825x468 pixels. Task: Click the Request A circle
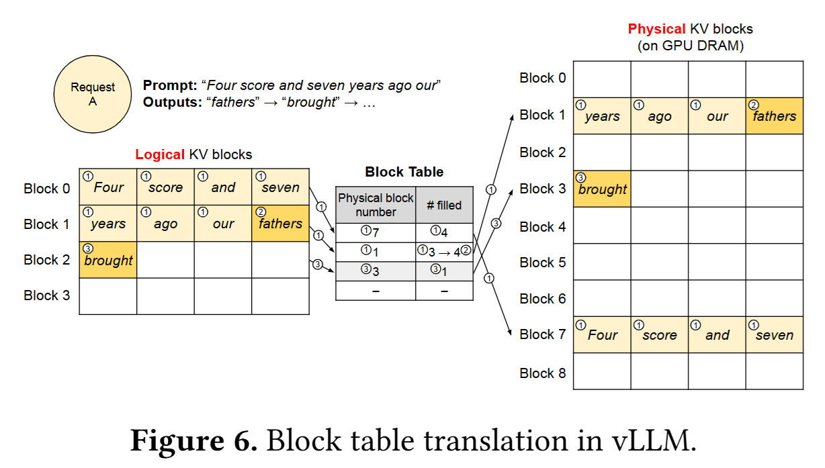click(x=93, y=94)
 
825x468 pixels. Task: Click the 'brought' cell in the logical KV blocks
click(x=108, y=260)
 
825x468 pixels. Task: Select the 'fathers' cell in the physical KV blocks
click(x=774, y=115)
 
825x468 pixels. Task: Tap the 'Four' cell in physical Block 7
click(x=602, y=334)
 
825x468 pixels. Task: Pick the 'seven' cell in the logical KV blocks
click(x=280, y=188)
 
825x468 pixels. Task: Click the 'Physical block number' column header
click(x=376, y=205)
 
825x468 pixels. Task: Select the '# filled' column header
click(x=444, y=205)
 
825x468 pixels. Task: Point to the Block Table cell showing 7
click(x=376, y=232)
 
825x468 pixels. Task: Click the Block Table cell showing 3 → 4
click(x=444, y=251)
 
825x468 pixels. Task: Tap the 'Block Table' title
click(x=404, y=172)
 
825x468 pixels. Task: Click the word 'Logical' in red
click(x=159, y=154)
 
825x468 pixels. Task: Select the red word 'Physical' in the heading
click(x=656, y=30)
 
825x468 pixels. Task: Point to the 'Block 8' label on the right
click(x=543, y=373)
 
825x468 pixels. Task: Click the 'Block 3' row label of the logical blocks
click(x=46, y=295)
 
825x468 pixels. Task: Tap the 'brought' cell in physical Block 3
click(x=602, y=189)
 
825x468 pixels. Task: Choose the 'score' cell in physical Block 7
click(x=659, y=334)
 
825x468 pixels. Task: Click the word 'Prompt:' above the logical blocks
click(x=169, y=86)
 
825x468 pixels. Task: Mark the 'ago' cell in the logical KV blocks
click(x=165, y=224)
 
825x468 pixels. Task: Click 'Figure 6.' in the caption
click(x=193, y=441)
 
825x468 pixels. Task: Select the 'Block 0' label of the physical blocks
click(x=543, y=78)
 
